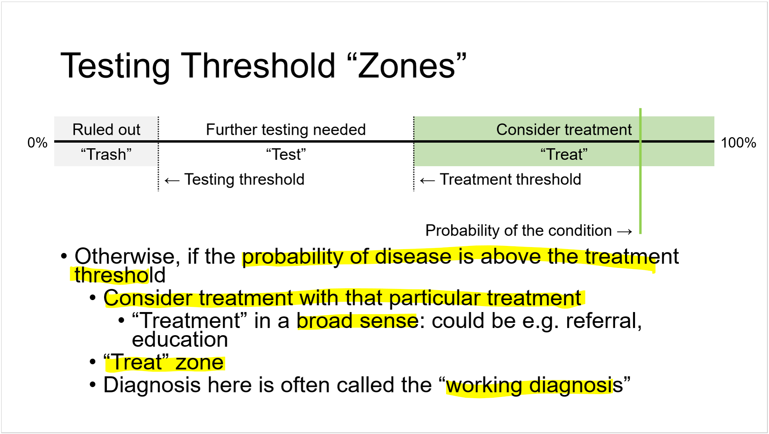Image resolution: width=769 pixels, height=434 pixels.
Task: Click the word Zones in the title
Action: (407, 66)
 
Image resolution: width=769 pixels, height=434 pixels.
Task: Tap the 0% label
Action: (37, 143)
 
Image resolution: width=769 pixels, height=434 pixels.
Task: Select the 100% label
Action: (738, 143)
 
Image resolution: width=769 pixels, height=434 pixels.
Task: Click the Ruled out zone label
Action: (106, 130)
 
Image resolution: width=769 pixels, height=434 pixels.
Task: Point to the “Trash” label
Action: (106, 154)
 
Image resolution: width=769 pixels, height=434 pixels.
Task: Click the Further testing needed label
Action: (286, 130)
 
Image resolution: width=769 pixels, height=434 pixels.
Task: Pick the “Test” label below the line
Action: (286, 154)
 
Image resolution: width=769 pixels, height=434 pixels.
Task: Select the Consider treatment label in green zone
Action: (564, 130)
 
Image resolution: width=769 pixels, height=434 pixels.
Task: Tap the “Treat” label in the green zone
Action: (564, 154)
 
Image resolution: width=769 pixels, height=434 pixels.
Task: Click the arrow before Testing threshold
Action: (172, 181)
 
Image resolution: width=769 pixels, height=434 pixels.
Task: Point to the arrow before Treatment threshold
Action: (427, 181)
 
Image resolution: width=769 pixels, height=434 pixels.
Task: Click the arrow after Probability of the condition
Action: (624, 232)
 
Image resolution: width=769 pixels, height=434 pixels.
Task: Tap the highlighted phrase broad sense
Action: (358, 321)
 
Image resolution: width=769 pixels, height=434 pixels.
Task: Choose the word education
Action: (180, 340)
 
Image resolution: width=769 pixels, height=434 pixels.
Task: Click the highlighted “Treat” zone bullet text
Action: (164, 363)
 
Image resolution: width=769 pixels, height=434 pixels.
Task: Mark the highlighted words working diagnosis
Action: (529, 385)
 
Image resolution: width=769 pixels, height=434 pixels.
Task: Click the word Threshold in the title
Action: (258, 66)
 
